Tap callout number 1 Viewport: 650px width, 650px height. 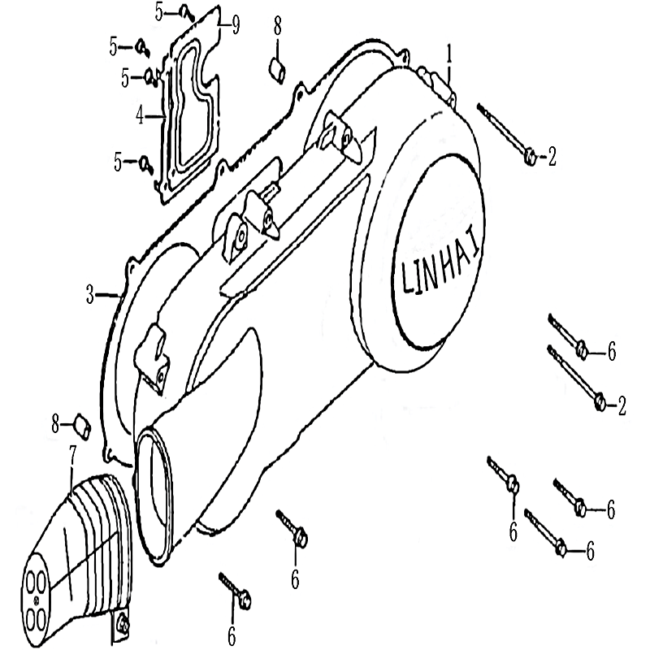click(448, 57)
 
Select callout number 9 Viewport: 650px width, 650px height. click(236, 25)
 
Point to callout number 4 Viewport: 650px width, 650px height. click(141, 115)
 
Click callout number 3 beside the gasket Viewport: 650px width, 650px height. click(90, 294)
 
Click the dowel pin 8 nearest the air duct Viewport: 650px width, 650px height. click(82, 426)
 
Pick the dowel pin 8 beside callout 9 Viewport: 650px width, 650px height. click(277, 71)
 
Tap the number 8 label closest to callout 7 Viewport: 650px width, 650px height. click(55, 424)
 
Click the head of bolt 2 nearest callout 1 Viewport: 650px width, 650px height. click(531, 158)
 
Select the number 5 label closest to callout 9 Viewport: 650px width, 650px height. click(159, 12)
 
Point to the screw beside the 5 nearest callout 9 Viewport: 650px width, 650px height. click(187, 14)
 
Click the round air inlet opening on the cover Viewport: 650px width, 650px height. click(154, 496)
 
